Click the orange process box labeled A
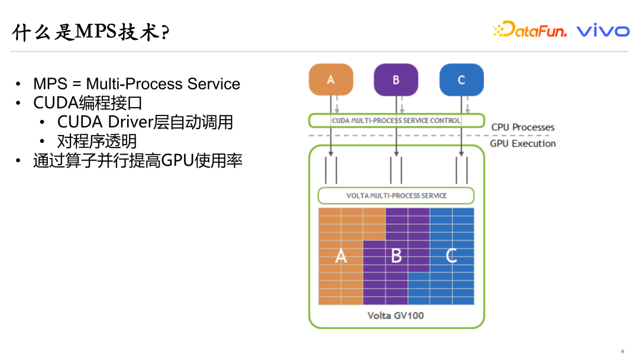331,79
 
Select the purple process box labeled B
396,79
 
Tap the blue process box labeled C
461,79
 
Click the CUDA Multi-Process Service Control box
396,120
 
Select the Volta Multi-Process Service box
396,195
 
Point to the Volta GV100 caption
396,315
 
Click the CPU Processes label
522,127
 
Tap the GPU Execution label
522,143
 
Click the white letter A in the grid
341,256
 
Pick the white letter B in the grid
396,256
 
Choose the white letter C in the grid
451,256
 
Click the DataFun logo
530,30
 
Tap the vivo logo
603,30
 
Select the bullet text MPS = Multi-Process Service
137,84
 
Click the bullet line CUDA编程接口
88,103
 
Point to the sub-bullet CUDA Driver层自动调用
145,122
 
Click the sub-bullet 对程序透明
97,141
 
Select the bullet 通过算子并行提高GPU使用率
138,160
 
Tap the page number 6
622,351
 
